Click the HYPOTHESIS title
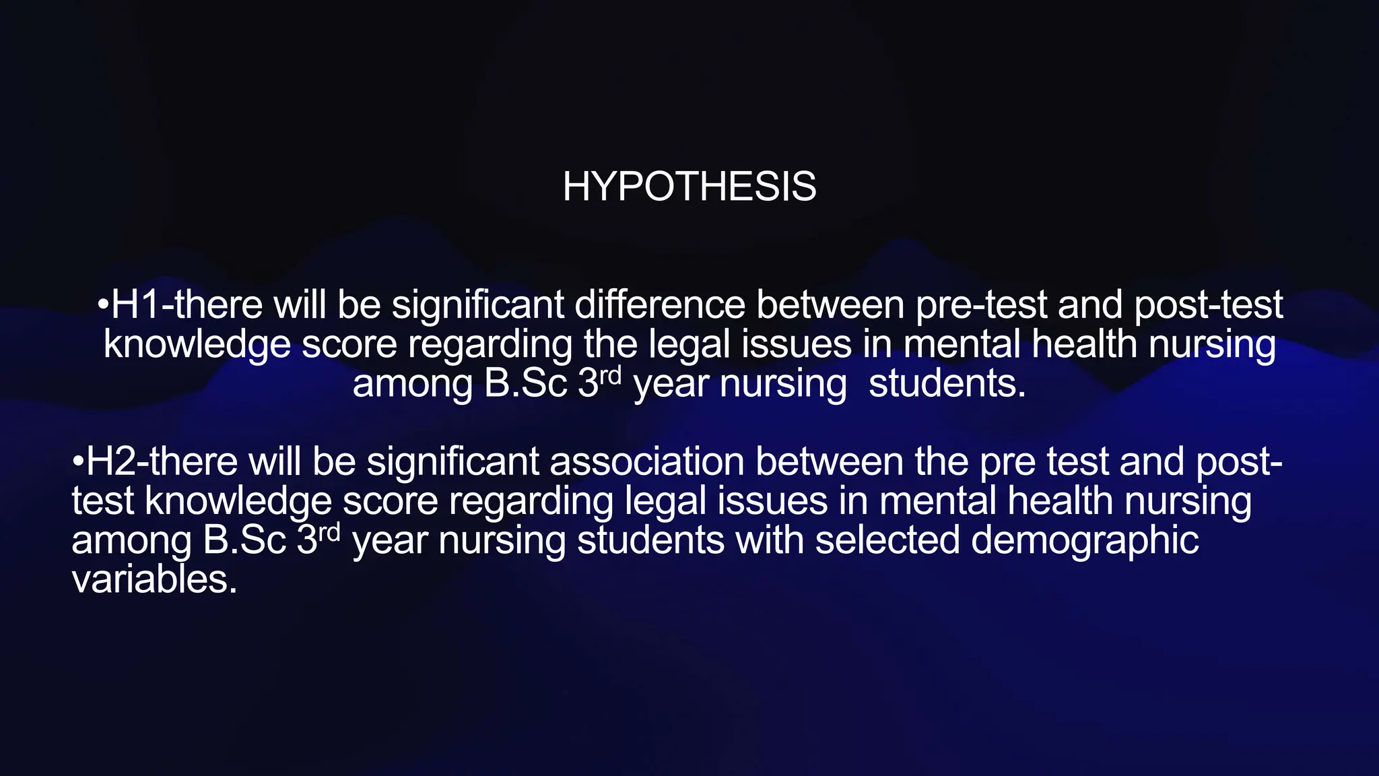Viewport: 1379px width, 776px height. (689, 186)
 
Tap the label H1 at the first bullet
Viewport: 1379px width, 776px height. (135, 304)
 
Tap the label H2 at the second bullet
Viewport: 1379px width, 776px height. (111, 462)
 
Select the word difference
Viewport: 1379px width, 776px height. (660, 304)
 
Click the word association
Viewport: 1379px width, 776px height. (647, 462)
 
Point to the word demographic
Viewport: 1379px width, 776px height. (1085, 542)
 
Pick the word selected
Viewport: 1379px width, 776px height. (887, 540)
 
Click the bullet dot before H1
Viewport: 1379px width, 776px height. (103, 306)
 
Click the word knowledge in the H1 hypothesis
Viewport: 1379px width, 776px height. (197, 345)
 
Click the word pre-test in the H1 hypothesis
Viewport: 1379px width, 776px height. (981, 304)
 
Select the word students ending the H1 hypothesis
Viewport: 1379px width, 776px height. (947, 384)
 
